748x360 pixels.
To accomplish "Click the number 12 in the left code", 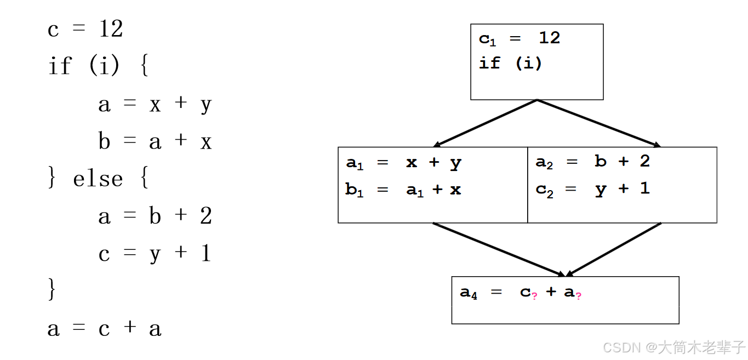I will point(111,28).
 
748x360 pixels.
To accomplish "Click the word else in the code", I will point(98,179).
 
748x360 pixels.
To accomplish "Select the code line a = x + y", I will point(155,104).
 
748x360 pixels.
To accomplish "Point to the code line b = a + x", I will point(155,141).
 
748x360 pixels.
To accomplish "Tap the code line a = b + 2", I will point(155,216).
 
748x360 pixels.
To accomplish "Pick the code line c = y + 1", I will point(155,254).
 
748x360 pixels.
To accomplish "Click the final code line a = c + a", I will point(104,328).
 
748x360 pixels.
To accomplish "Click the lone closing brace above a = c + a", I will point(52,290).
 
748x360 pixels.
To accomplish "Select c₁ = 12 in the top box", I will point(519,38).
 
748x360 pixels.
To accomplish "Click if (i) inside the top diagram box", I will point(510,64).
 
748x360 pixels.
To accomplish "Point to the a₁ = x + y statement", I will point(403,163).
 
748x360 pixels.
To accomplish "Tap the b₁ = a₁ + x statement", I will point(403,190).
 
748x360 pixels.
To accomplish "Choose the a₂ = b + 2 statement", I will point(592,162).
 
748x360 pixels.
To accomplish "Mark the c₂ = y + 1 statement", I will point(592,189).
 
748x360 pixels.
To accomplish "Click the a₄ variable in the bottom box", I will point(469,293).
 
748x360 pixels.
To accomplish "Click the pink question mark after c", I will point(535,295).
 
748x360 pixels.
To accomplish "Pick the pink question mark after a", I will point(578,295).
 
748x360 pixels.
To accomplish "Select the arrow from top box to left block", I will point(485,124).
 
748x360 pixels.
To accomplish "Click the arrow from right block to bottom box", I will point(614,249).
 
